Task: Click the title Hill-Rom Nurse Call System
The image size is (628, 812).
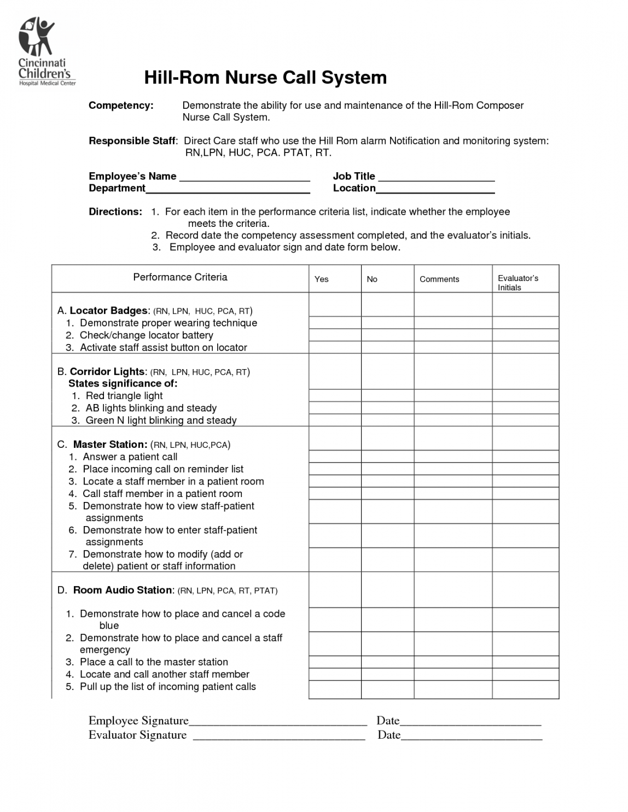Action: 265,78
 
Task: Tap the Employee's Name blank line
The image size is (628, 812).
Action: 245,177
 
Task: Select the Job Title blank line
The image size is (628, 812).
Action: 437,177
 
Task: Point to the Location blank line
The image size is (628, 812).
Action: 435,189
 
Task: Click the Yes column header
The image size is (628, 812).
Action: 322,279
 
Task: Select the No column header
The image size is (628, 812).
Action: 372,279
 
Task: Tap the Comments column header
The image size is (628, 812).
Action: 439,279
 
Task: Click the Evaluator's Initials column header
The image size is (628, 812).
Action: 517,283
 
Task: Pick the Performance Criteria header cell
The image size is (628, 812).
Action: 180,277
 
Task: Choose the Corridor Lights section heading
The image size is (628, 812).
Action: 107,372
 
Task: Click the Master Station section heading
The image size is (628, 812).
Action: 110,445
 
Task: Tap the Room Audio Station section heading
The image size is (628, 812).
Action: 123,590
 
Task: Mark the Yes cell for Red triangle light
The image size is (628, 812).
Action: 335,396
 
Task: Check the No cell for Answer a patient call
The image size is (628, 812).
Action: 387,457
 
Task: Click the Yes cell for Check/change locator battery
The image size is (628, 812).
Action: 335,335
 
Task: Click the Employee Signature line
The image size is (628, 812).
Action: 277,721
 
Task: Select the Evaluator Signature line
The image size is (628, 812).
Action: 279,735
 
